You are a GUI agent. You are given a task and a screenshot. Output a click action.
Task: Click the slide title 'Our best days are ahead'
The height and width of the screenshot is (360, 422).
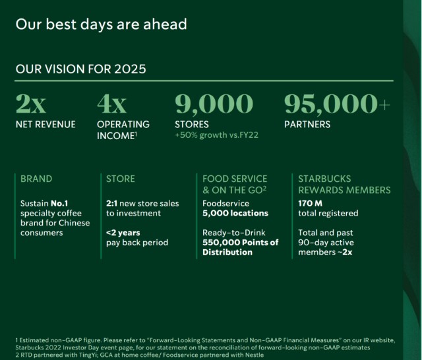[x=101, y=24]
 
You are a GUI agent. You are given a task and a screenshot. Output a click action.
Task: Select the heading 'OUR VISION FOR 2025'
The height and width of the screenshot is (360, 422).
[x=80, y=69]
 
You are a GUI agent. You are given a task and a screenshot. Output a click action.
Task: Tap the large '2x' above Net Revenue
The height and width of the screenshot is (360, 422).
[x=31, y=104]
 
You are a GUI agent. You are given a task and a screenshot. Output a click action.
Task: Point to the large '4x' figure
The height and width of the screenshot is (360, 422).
[x=111, y=104]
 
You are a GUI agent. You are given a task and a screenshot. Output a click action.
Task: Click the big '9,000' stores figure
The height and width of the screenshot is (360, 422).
[x=214, y=104]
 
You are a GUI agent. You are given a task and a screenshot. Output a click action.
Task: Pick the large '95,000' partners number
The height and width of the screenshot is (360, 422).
[x=331, y=104]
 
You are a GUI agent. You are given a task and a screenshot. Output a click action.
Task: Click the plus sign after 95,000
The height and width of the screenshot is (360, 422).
[x=384, y=105]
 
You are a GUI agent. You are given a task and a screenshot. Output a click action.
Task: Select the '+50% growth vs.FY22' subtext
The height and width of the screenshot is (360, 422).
[x=217, y=135]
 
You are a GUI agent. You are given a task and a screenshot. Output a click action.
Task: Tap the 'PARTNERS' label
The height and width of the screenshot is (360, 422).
[x=307, y=125]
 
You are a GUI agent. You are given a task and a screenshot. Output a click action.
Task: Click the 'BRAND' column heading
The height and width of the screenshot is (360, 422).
[x=36, y=179]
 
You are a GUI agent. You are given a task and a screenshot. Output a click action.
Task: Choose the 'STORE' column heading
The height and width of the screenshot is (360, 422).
[x=120, y=179]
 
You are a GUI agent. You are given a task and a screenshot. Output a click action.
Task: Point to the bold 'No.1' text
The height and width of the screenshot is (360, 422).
[x=59, y=204]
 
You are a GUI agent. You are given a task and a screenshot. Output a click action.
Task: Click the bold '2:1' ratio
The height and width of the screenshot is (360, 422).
[x=111, y=204]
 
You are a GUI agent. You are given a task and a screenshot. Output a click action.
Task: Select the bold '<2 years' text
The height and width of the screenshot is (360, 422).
[x=123, y=233]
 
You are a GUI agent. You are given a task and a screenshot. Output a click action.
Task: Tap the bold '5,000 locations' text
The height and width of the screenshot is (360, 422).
[x=235, y=213]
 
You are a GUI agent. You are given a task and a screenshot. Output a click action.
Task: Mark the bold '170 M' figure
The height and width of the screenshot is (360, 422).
[x=310, y=204]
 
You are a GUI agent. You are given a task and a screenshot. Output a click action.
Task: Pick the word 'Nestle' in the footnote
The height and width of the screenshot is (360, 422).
[x=255, y=355]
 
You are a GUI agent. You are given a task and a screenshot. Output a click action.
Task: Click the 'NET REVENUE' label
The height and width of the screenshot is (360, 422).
[x=45, y=125]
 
